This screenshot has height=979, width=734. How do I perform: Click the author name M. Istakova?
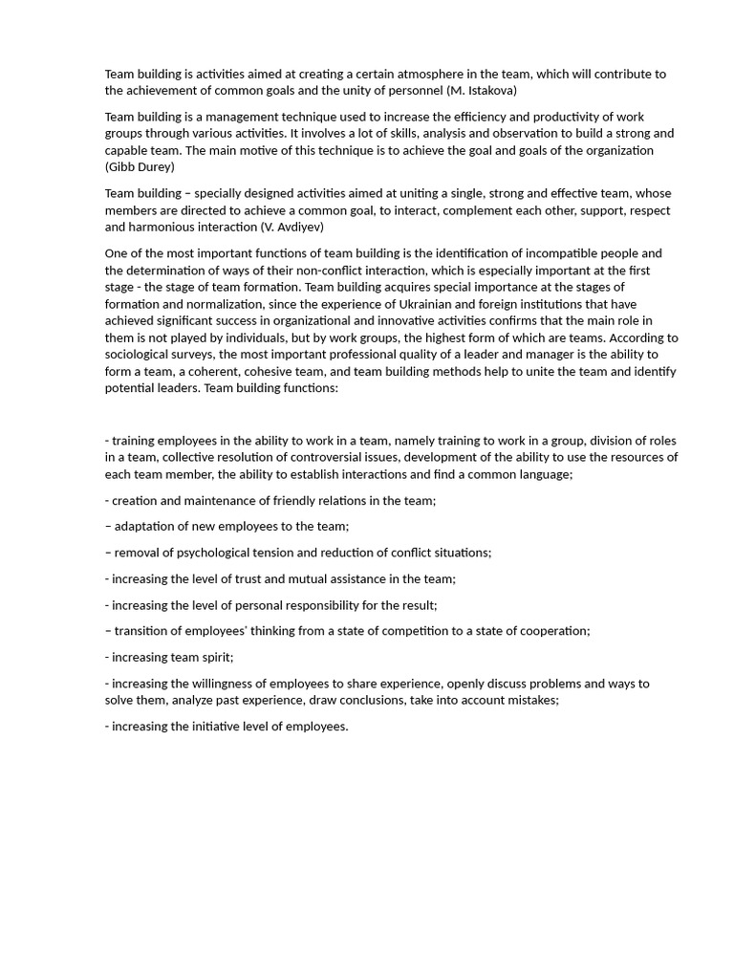click(483, 90)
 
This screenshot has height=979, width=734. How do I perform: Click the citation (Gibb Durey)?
click(140, 166)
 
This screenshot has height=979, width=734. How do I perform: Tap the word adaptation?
click(144, 526)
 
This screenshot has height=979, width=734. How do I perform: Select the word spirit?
click(216, 657)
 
